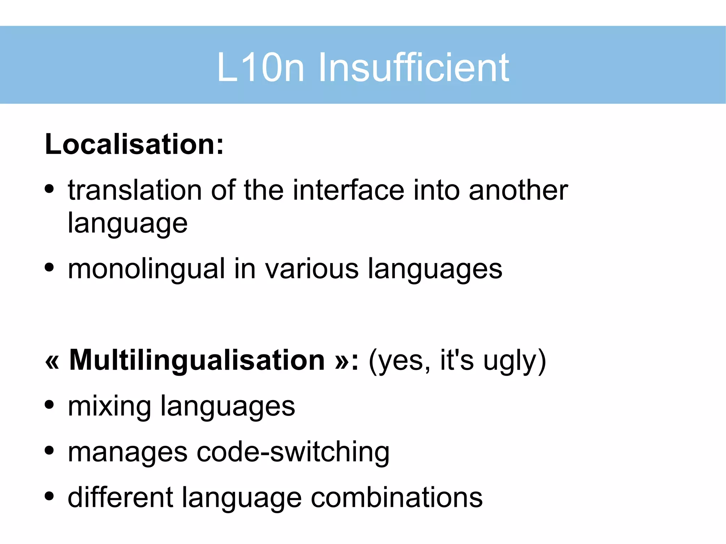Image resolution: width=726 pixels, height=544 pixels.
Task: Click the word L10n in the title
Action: point(261,67)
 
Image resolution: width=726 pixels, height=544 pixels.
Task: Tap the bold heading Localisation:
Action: point(134,144)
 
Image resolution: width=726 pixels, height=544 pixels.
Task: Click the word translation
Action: point(135,190)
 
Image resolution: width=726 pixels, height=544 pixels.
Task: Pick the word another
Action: point(518,190)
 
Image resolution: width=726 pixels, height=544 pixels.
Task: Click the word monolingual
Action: point(146,269)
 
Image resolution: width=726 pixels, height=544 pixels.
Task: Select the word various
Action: point(312,269)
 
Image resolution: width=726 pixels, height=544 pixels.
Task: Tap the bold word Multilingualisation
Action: point(197,360)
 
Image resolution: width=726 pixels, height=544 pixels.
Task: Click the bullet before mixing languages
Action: point(49,405)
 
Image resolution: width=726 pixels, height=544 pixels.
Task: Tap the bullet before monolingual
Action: point(49,268)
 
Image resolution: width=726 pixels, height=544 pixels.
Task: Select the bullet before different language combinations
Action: point(49,496)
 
